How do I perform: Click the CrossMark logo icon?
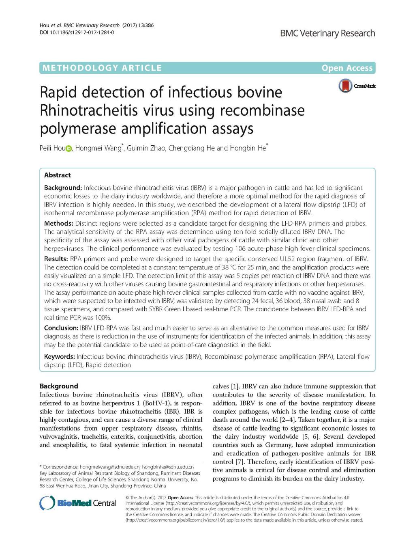[x=346, y=86]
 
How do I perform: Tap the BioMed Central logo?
[x=78, y=503]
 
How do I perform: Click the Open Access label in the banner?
[x=347, y=68]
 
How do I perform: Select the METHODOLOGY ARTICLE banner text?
[x=102, y=68]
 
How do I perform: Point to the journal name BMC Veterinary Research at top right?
[x=327, y=33]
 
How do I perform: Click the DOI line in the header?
[x=77, y=32]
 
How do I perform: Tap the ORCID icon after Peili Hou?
[x=68, y=149]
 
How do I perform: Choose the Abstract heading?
[x=58, y=175]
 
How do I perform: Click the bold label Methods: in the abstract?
[x=58, y=223]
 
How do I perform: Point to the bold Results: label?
[x=56, y=259]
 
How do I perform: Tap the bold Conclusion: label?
[x=61, y=328]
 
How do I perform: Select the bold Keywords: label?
[x=59, y=356]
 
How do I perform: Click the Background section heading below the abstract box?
[x=59, y=386]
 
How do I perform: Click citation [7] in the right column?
[x=240, y=462]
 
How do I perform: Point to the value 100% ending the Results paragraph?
[x=103, y=317]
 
